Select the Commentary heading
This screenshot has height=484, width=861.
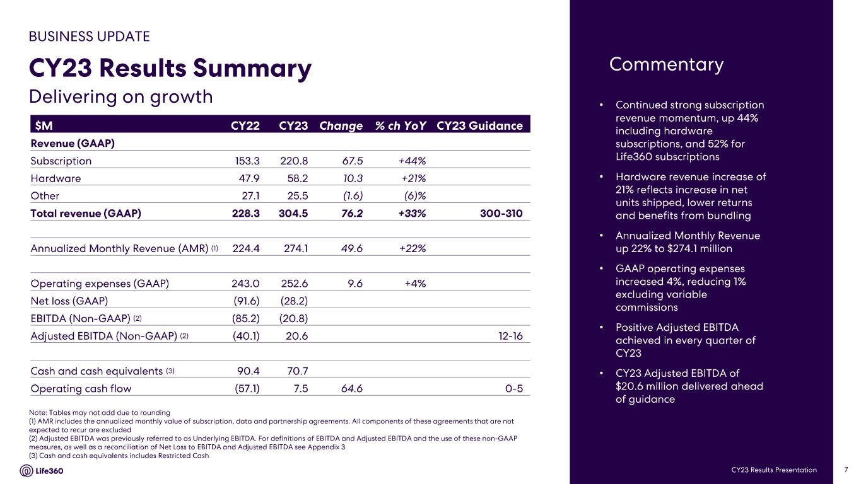point(666,65)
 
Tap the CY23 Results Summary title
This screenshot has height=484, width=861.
point(170,69)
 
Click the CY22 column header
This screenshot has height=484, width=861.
point(245,125)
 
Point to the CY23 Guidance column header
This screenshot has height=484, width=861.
point(479,125)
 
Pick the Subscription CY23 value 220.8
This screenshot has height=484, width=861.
point(293,161)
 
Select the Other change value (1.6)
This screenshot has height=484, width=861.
point(353,196)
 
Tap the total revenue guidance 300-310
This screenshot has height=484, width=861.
point(501,214)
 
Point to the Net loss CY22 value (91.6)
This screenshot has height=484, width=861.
point(246,301)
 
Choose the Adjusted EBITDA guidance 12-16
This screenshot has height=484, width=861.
point(510,336)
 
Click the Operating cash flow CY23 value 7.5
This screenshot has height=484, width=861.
point(300,389)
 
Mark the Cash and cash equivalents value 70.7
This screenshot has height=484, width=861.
point(296,371)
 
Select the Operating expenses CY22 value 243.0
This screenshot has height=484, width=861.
point(246,284)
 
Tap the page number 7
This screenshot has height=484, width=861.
point(845,470)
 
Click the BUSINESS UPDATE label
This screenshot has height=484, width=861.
point(89,37)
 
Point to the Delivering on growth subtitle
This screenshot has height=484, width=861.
point(121,97)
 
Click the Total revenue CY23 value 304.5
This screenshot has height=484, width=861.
point(293,214)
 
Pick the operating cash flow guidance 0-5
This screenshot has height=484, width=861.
point(514,389)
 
